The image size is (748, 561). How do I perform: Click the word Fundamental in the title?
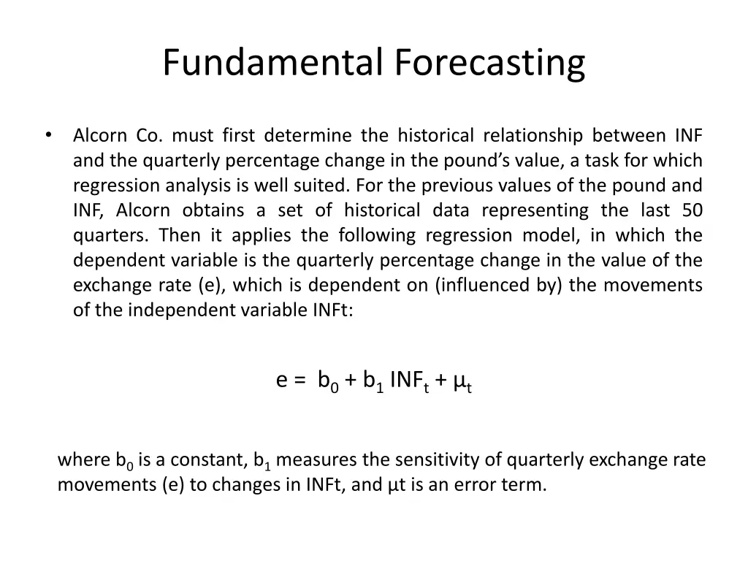coord(272,62)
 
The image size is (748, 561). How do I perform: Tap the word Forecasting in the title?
coord(490,62)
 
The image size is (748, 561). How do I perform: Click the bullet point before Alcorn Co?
coord(48,136)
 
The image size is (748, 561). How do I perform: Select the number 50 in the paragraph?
coord(692,210)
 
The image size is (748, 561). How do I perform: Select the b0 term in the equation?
coord(328,381)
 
